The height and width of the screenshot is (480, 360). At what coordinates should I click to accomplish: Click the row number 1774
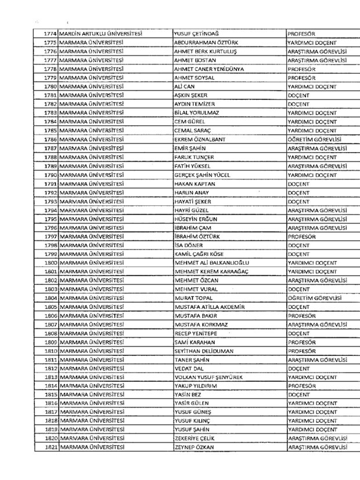pyautogui.click(x=49, y=34)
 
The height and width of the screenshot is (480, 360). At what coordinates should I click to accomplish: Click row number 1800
pyautogui.click(x=49, y=262)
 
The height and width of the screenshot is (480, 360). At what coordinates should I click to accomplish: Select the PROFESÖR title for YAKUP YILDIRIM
pyautogui.click(x=302, y=385)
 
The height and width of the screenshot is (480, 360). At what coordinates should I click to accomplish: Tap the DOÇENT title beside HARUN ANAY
pyautogui.click(x=298, y=192)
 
